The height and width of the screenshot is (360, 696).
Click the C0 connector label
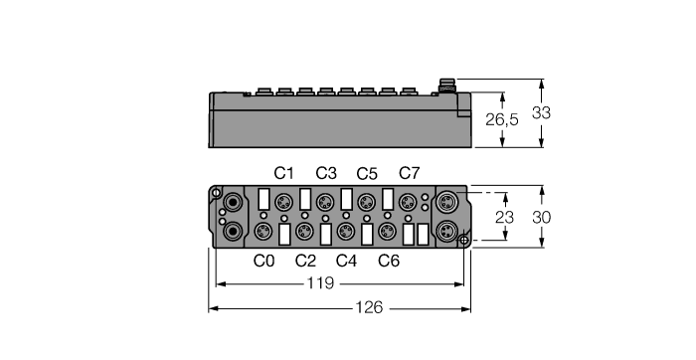263,262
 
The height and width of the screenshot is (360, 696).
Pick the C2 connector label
305,262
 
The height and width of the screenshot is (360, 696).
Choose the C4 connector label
346,262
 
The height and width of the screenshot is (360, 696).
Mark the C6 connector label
388,262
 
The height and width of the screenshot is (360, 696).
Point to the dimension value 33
541,113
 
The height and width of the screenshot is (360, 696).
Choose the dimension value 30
541,215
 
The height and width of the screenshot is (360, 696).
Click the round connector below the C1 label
284,201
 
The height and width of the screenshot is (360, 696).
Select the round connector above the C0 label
264,233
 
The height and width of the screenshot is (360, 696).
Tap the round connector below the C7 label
408,201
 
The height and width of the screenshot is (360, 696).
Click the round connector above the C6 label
388,233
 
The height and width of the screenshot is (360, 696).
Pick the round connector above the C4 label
346,233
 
